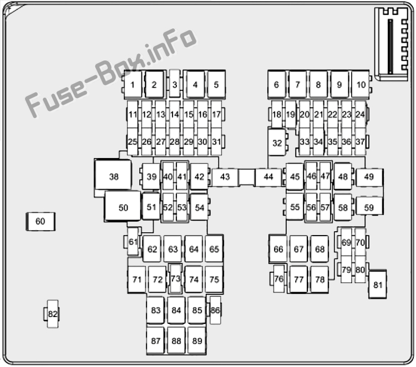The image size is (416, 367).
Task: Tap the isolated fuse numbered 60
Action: [x=40, y=221]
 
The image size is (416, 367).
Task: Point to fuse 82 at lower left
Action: [x=53, y=314]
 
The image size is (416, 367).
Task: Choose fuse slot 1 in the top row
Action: [x=133, y=85]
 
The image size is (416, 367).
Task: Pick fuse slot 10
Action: [x=361, y=85]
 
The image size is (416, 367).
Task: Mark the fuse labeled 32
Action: [x=277, y=142]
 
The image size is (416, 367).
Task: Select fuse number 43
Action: [x=225, y=177]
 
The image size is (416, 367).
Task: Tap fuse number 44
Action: [x=268, y=177]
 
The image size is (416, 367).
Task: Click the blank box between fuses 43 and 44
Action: [x=247, y=177]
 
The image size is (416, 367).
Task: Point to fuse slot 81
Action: [x=378, y=284]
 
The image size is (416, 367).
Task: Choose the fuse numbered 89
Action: [x=197, y=340]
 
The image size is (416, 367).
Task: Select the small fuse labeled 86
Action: [x=215, y=310]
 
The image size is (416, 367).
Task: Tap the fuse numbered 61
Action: [x=133, y=242]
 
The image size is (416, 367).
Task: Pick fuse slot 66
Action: [x=278, y=249]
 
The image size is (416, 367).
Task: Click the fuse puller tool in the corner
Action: [x=392, y=44]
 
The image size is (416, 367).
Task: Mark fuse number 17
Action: [x=216, y=114]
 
